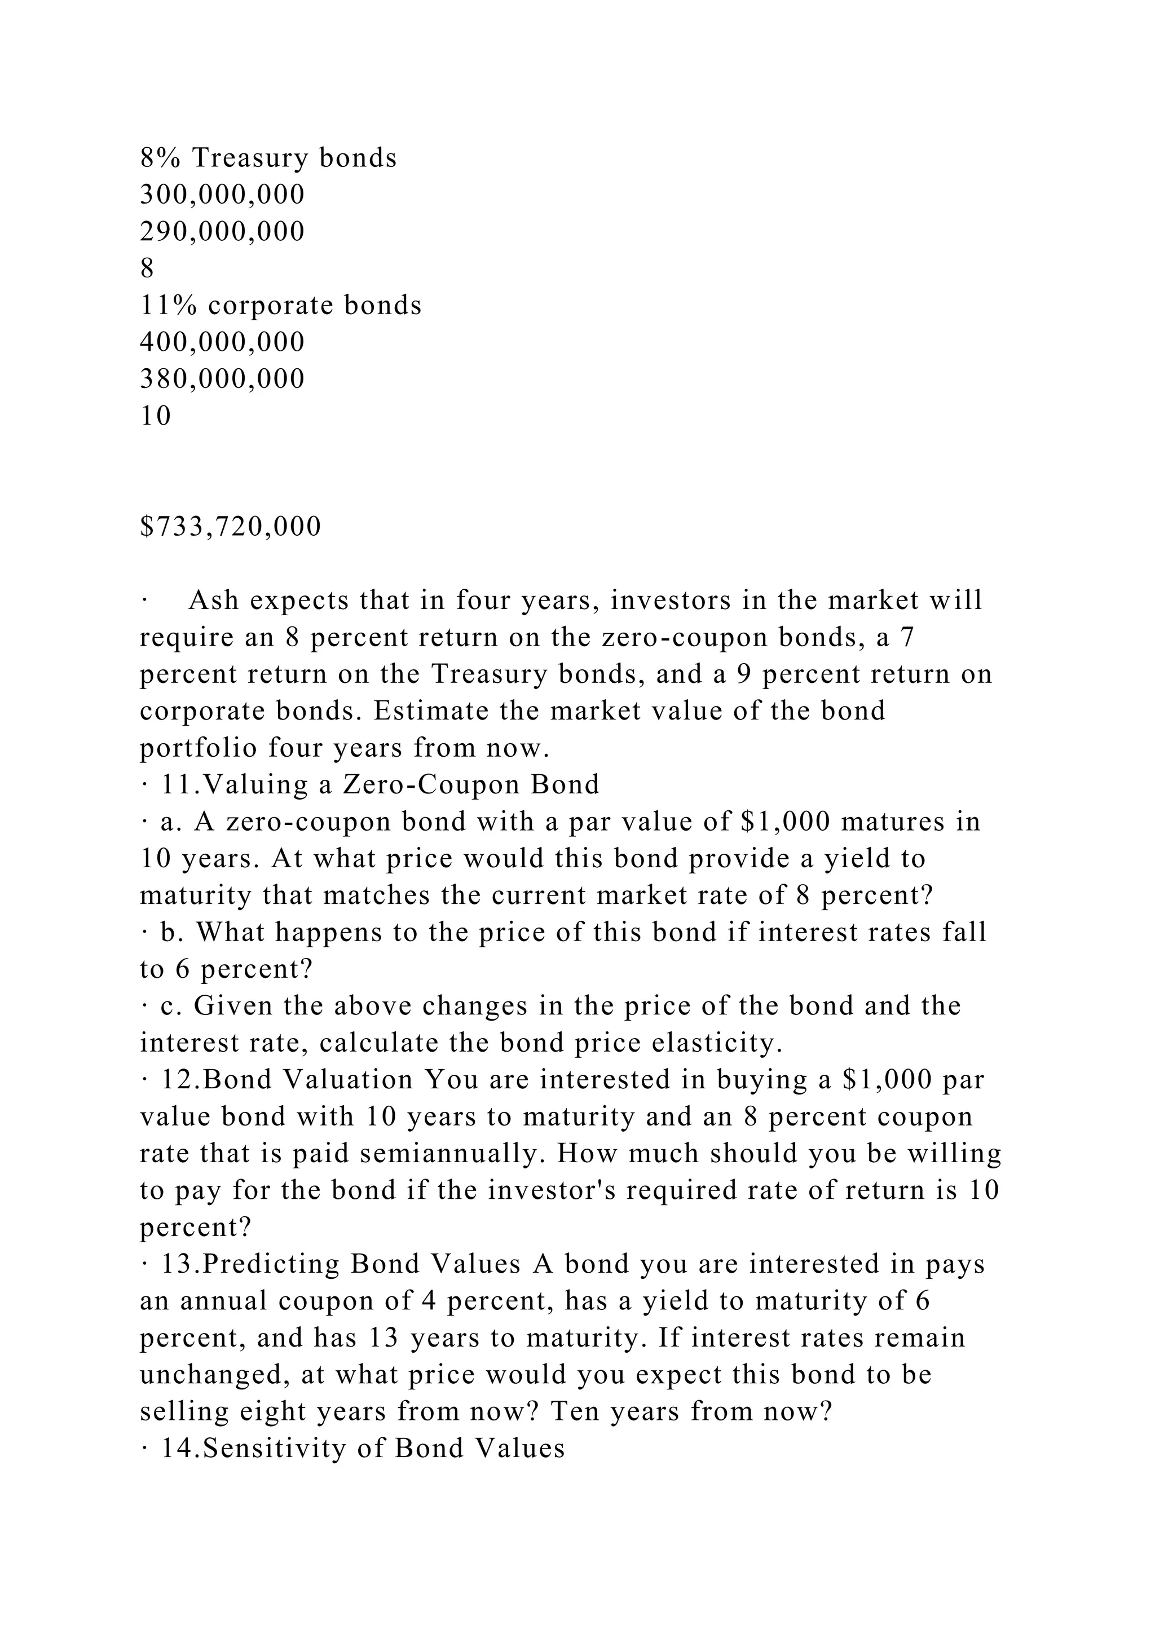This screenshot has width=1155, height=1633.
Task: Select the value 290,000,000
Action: [x=222, y=231]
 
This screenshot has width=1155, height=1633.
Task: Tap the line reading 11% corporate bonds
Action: [x=280, y=305]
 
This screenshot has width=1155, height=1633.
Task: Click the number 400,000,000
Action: [x=222, y=342]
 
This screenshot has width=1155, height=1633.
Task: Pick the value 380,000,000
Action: [x=222, y=379]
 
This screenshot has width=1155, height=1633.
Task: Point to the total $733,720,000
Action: [x=231, y=527]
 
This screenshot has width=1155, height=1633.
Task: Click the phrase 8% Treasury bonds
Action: [x=268, y=157]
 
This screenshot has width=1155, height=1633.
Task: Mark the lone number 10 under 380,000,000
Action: [x=156, y=416]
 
